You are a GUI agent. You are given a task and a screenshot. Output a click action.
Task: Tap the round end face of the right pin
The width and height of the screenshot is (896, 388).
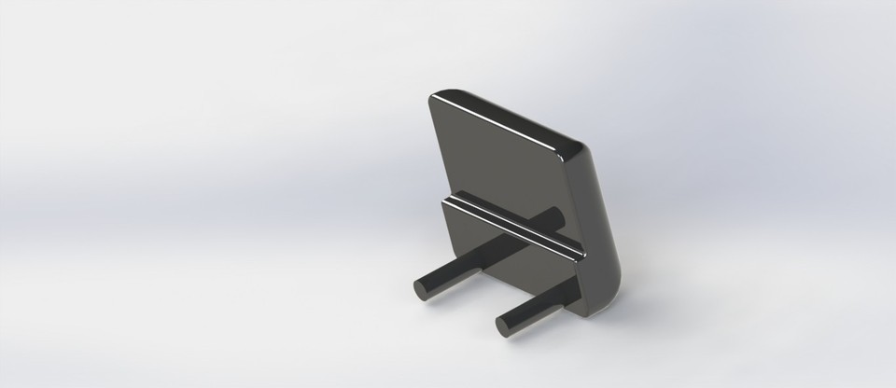pyautogui.click(x=503, y=326)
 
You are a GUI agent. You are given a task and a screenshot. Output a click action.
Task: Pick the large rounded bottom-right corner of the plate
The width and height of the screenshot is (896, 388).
pyautogui.click(x=612, y=284)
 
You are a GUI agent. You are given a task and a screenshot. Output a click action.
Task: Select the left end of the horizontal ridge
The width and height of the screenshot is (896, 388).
pyautogui.click(x=447, y=200)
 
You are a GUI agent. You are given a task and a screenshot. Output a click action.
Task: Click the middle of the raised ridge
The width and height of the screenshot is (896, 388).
pyautogui.click(x=513, y=224)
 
